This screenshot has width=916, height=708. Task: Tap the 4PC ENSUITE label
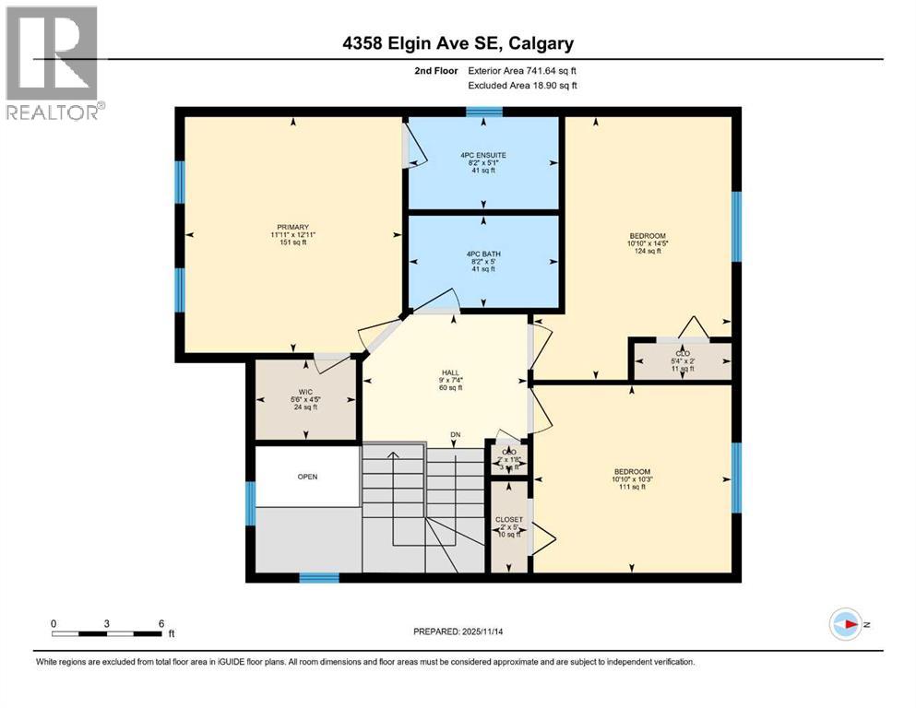point(484,155)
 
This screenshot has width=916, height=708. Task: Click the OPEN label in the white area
point(307,477)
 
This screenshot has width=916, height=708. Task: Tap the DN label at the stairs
point(455,434)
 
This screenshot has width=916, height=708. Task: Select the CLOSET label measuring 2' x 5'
point(509,520)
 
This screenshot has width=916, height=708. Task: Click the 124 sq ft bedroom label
point(647,236)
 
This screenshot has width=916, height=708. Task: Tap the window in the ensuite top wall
point(483,112)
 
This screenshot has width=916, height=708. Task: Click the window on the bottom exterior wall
point(319,578)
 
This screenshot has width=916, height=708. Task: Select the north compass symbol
point(846,625)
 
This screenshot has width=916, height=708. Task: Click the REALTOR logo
point(53,63)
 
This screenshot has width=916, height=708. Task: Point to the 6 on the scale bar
point(161,624)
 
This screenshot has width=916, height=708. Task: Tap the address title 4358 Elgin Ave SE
point(457,43)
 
